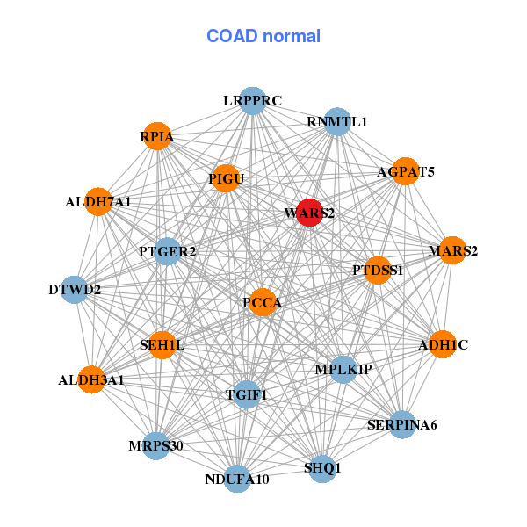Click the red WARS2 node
pyautogui.click(x=308, y=213)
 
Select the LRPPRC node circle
pyautogui.click(x=252, y=101)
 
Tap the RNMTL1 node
pyautogui.click(x=337, y=121)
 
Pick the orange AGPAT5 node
pyautogui.click(x=394, y=172)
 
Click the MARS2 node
pyautogui.click(x=451, y=251)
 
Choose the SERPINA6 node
pyautogui.click(x=401, y=425)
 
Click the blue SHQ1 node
pyautogui.click(x=321, y=468)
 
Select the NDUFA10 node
pyautogui.click(x=237, y=479)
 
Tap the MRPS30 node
pyautogui.click(x=156, y=446)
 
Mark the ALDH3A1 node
pyautogui.click(x=90, y=380)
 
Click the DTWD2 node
pyautogui.click(x=75, y=289)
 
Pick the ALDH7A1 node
pyautogui.click(x=98, y=202)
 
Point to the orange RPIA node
pyautogui.click(x=156, y=137)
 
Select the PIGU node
pyautogui.click(x=225, y=179)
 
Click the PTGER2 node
pyautogui.click(x=167, y=252)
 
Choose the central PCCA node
pyautogui.click(x=263, y=303)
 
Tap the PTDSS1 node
pyautogui.click(x=378, y=270)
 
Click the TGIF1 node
pyautogui.click(x=247, y=395)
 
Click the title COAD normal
pyautogui.click(x=263, y=36)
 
